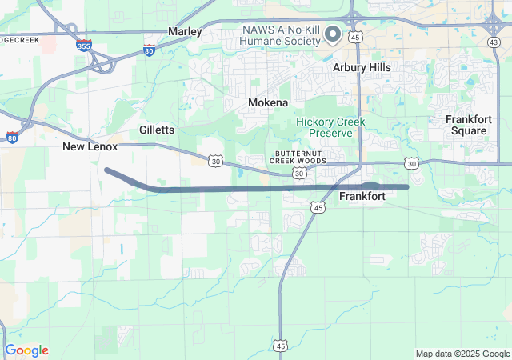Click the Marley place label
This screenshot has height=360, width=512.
click(x=184, y=31)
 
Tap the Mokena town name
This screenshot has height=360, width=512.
click(x=267, y=103)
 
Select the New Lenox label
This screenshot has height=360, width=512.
click(x=90, y=147)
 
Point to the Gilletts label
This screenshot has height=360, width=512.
click(x=157, y=130)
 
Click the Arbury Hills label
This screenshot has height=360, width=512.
click(x=362, y=68)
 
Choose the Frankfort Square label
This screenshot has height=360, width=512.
click(x=468, y=125)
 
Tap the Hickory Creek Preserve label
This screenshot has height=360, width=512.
click(x=330, y=127)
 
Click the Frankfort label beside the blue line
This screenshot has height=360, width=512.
click(x=362, y=196)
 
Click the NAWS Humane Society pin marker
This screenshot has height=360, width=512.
click(x=333, y=34)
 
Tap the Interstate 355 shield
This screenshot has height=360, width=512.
click(x=83, y=46)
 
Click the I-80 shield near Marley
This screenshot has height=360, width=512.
click(x=150, y=50)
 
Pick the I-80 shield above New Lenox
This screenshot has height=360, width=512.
click(x=12, y=137)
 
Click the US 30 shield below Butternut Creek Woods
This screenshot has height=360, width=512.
click(x=298, y=173)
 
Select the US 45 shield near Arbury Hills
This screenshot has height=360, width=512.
click(x=356, y=37)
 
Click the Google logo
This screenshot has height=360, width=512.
click(x=26, y=350)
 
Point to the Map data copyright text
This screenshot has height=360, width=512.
click(x=462, y=354)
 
